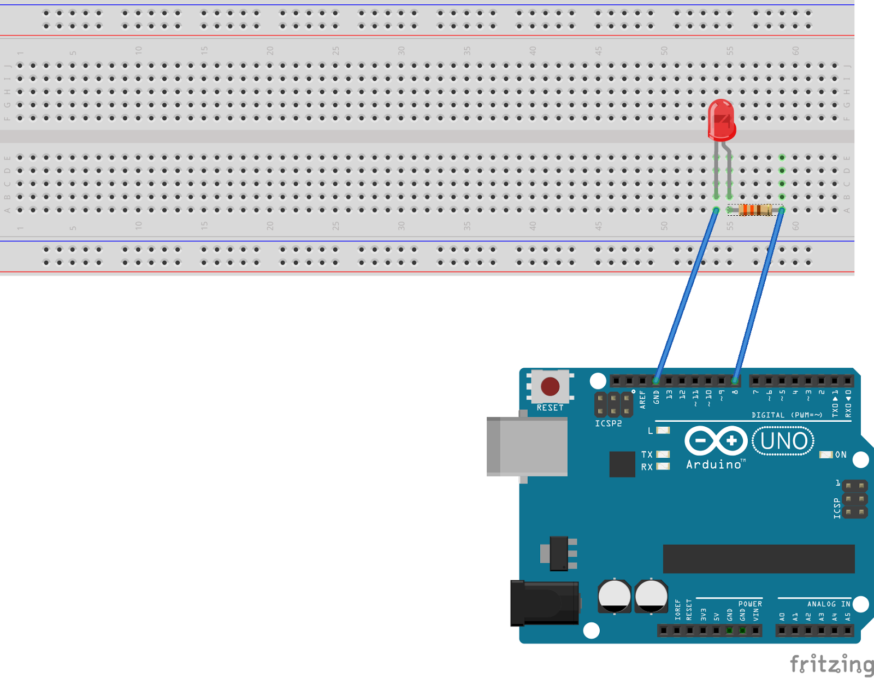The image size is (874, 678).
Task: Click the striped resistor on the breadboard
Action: pyautogui.click(x=755, y=210)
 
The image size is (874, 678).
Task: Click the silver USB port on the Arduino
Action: pyautogui.click(x=527, y=447)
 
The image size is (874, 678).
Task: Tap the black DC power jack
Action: pyautogui.click(x=545, y=603)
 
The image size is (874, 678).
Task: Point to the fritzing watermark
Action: pyautogui.click(x=831, y=664)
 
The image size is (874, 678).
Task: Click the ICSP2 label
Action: pyautogui.click(x=608, y=423)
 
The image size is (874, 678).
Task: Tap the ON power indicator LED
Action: pyautogui.click(x=826, y=455)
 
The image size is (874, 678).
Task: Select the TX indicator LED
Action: pyautogui.click(x=663, y=455)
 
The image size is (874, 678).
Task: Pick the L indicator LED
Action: pyautogui.click(x=663, y=431)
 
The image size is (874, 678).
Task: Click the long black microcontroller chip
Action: pyautogui.click(x=759, y=558)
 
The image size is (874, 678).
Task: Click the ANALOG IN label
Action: pyautogui.click(x=829, y=604)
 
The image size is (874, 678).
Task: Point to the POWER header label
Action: pyautogui.click(x=750, y=604)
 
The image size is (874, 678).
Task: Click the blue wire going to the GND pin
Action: pyautogui.click(x=686, y=295)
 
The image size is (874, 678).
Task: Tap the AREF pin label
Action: pyautogui.click(x=642, y=399)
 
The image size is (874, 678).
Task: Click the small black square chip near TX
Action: pyautogui.click(x=622, y=464)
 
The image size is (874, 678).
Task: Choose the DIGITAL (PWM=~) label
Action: pyautogui.click(x=787, y=415)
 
